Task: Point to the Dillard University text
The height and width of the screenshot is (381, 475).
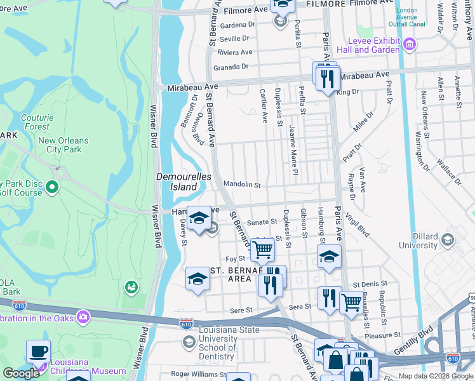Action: coord(418,240)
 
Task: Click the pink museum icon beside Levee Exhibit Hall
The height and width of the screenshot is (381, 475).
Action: coord(410,44)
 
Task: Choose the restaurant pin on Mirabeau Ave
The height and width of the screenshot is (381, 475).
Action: coord(328,78)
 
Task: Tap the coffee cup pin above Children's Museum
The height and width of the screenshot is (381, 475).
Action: coord(38,351)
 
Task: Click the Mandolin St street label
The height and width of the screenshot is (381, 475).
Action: coord(242,185)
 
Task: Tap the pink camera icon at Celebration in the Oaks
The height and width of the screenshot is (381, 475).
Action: coord(83,316)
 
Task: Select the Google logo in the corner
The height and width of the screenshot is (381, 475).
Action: coord(21,373)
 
